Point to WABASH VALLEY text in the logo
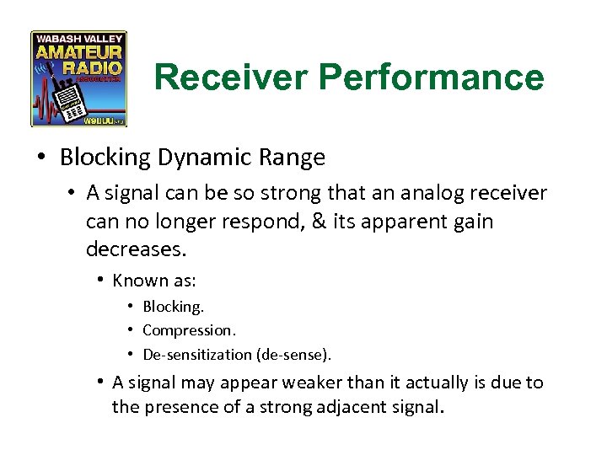click(x=78, y=38)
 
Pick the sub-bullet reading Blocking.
click(x=173, y=307)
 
